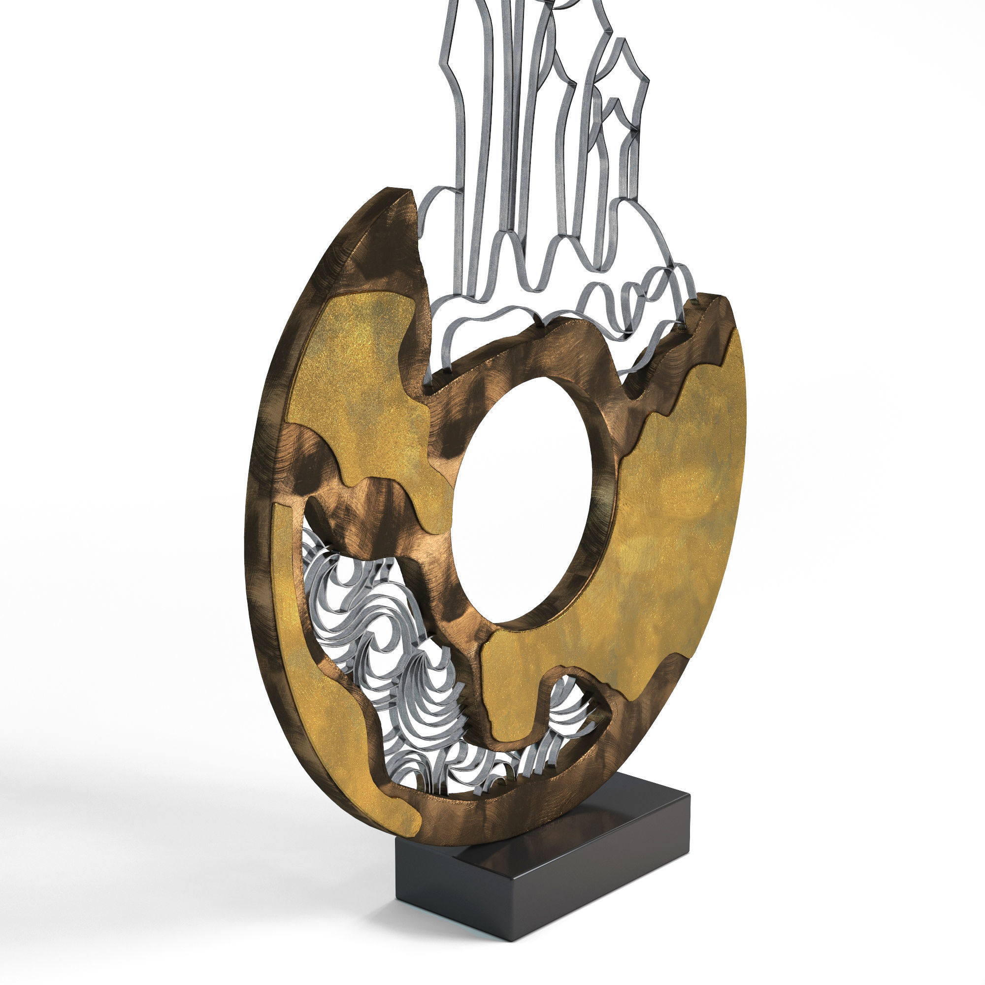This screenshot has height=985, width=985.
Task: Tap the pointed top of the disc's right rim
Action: click(714, 301)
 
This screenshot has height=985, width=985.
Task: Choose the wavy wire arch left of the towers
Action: click(438, 224)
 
